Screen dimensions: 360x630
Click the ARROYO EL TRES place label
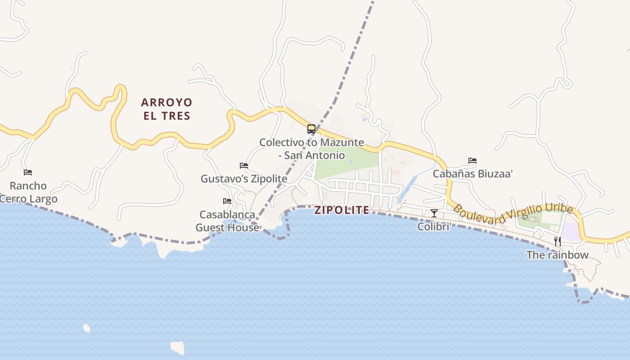point(167,109)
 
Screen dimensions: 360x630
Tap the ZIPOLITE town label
point(342,210)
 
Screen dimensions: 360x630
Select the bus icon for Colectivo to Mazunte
point(311,129)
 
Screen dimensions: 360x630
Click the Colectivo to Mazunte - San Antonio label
point(311,149)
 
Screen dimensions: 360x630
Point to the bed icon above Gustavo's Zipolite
point(244,166)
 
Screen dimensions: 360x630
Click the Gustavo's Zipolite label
point(244,179)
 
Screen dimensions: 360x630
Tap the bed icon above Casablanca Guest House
point(227,201)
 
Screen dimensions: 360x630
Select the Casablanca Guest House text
point(227,221)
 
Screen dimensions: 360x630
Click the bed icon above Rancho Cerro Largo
point(28,172)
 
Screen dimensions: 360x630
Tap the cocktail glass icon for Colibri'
point(434,213)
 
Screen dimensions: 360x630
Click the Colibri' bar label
point(434,226)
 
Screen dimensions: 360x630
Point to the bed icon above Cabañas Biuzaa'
point(472,160)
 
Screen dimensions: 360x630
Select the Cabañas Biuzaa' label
point(472,174)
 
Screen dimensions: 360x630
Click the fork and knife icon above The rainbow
point(558,241)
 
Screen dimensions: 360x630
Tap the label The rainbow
point(558,255)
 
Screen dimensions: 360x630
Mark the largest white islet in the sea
point(178,347)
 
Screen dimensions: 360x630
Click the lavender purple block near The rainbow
point(570,231)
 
